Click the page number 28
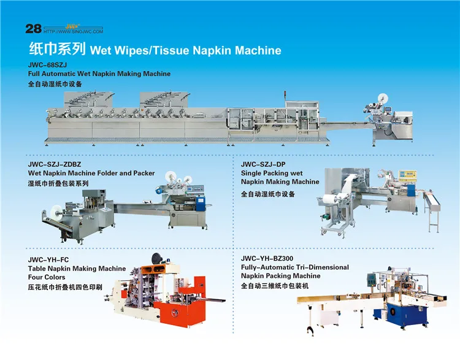pyautogui.click(x=33, y=29)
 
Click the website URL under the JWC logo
pyautogui.click(x=74, y=31)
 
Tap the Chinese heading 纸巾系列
pyautogui.click(x=58, y=49)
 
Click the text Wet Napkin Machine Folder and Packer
pyautogui.click(x=91, y=174)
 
